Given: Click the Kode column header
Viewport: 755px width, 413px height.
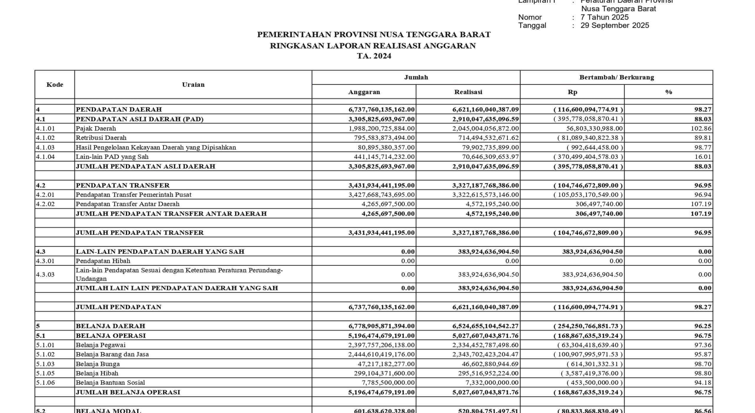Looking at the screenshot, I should [55, 85].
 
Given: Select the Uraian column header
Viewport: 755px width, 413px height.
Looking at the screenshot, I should [193, 85].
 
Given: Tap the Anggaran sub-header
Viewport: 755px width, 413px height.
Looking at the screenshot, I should [364, 92].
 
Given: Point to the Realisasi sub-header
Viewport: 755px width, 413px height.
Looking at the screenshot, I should [468, 92].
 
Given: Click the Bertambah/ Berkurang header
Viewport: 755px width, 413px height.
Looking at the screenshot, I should [616, 77].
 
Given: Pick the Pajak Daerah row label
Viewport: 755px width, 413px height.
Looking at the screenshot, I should [96, 128].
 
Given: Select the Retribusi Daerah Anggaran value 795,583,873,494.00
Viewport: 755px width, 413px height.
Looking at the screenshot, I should [384, 138].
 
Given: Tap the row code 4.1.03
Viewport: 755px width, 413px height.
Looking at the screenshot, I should [45, 147].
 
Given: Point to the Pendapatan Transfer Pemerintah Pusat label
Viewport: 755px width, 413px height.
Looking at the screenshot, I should [134, 195].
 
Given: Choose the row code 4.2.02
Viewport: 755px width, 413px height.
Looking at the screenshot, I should [45, 204].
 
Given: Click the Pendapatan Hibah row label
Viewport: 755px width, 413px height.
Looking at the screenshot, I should [103, 261].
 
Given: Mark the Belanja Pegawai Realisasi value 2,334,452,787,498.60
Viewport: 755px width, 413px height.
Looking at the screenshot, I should [485, 345].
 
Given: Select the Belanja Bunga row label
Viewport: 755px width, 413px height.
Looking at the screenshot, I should [98, 364].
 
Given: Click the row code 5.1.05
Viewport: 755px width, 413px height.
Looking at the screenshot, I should [45, 373].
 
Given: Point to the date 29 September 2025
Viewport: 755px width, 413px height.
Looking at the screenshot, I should [615, 25].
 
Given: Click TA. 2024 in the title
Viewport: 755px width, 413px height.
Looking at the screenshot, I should [374, 56].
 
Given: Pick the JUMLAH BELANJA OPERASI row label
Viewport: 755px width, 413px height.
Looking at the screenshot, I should [128, 392].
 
